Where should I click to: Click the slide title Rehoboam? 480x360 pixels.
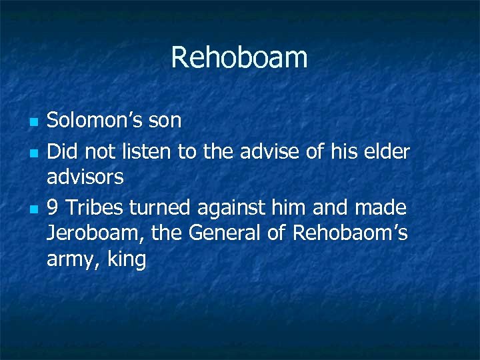239,57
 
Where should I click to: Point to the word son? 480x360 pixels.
166,121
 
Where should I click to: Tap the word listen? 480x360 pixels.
151,152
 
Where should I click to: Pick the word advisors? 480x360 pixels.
85,177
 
